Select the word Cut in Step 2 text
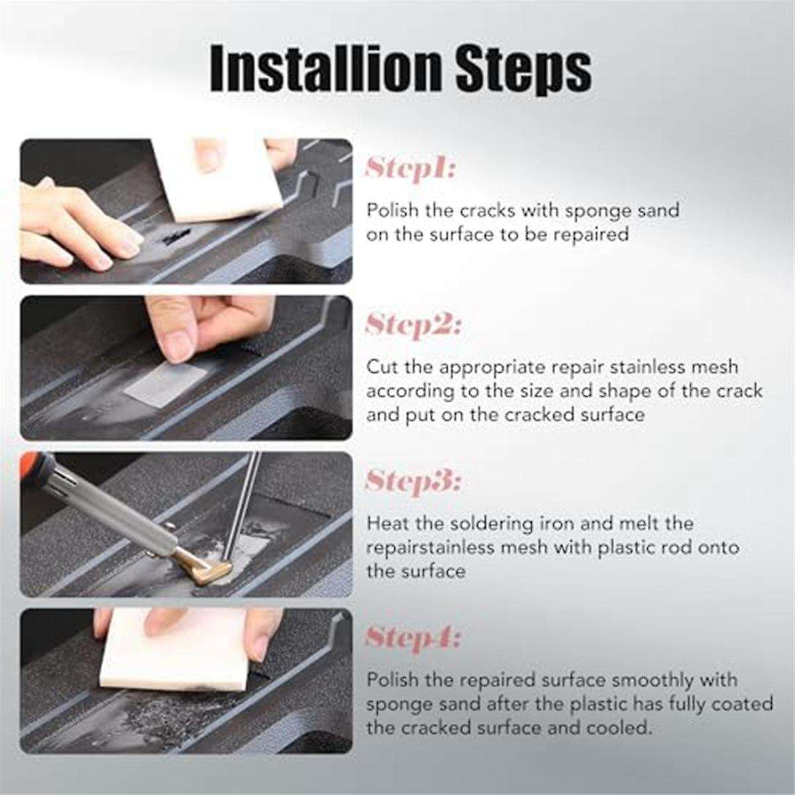click(381, 367)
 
